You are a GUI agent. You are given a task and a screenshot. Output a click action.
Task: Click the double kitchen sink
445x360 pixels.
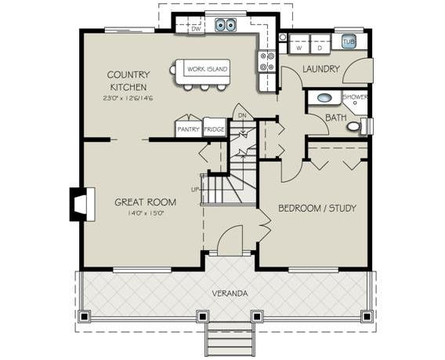[x=226, y=25]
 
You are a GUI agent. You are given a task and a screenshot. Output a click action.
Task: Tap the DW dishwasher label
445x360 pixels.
[x=196, y=29]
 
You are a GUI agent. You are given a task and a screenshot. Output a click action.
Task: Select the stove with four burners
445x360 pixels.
[x=267, y=62]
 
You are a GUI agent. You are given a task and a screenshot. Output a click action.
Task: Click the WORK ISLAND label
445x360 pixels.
[x=207, y=69]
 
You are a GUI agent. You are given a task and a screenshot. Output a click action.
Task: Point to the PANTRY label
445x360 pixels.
[x=188, y=129]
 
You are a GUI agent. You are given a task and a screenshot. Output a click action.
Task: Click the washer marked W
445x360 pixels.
[x=298, y=44]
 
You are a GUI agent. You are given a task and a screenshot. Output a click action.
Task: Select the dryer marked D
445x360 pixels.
[x=320, y=44]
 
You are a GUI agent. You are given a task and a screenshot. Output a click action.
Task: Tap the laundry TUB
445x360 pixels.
[x=349, y=42]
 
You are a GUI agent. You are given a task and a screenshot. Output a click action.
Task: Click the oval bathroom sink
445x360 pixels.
[x=324, y=98]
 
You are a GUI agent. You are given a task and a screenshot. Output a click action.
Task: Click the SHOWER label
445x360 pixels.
[x=356, y=96]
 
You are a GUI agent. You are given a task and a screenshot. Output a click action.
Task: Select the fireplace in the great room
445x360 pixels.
[x=82, y=204]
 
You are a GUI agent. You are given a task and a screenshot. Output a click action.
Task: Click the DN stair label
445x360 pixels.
[x=242, y=115]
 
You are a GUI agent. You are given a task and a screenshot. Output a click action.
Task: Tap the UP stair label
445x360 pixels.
[x=195, y=190]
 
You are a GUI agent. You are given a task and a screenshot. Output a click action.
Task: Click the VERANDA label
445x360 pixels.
[x=230, y=293]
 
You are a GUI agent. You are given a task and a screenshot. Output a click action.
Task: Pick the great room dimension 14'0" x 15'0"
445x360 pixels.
[x=145, y=213]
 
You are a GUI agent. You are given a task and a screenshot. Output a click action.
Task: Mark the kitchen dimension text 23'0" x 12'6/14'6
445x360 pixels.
[x=128, y=98]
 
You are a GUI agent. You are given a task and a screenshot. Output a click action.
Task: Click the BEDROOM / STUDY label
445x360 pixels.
[x=317, y=209]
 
